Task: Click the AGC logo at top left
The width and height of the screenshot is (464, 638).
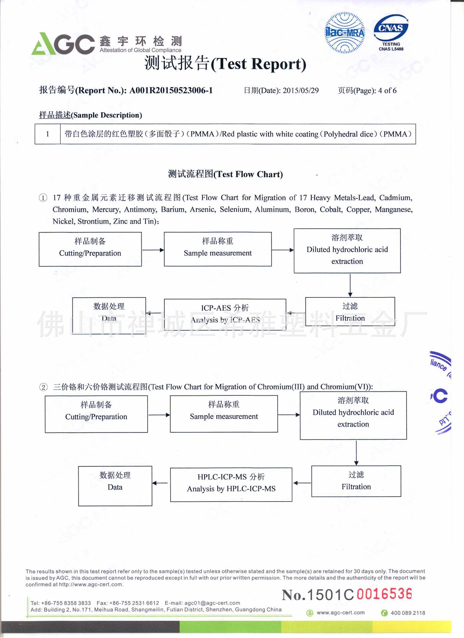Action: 63,44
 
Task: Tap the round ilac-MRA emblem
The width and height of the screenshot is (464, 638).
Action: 345,33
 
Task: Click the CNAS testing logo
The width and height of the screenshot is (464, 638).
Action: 391,33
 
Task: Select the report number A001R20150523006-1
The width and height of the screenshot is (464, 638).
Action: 171,90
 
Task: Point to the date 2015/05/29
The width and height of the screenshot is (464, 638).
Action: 300,91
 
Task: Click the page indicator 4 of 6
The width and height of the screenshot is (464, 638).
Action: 387,91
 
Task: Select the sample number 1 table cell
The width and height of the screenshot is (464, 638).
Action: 48,134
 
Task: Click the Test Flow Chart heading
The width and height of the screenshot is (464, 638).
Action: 225,174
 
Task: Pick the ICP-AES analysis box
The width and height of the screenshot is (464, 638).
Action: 225,314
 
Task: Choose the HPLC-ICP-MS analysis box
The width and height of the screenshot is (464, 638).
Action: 231,484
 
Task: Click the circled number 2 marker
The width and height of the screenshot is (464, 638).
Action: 44,387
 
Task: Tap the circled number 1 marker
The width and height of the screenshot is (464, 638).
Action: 43,198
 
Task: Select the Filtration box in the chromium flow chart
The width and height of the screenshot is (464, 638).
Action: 356,481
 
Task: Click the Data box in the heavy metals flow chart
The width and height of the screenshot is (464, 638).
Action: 109,315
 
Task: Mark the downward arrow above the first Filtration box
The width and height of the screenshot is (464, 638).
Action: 350,285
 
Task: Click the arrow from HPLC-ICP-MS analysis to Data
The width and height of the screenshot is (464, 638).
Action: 160,483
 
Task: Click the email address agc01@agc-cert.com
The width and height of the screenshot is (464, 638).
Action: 212,603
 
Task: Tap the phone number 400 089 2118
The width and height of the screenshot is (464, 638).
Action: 407,613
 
